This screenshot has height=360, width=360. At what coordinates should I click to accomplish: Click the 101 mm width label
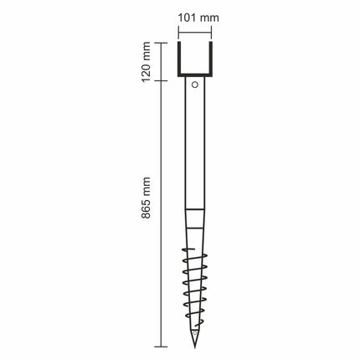pos(198,18)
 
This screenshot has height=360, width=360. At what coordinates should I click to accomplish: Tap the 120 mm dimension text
pos(147,62)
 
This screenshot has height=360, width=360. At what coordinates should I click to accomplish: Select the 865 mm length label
pos(147,198)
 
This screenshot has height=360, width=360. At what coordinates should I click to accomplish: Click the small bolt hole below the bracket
pos(195,85)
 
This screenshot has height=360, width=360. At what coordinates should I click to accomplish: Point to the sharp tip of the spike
pos(195,347)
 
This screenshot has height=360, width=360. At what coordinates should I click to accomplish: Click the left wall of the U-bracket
pos(179,59)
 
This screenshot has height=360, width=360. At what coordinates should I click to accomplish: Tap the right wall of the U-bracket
pos(211,59)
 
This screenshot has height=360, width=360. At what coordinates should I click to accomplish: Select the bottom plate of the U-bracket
pos(195,75)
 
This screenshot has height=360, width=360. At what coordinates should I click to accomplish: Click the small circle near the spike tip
pos(195,333)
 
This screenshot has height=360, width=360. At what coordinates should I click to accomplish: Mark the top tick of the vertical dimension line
pos(161,43)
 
